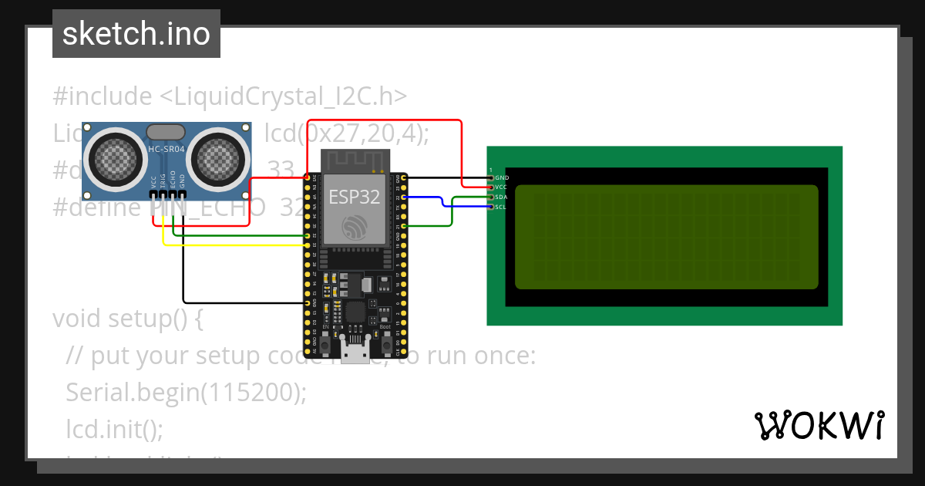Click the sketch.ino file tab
136,34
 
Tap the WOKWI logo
819,425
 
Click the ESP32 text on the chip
355,197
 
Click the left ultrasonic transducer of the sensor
117,158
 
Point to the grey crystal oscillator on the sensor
166,132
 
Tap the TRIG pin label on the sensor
163,181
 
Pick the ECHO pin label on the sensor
173,181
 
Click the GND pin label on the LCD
502,178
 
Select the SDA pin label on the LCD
501,197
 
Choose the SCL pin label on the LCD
501,207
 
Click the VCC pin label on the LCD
501,187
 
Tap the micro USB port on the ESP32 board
355,353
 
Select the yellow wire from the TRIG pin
231,245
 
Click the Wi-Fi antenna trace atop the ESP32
355,160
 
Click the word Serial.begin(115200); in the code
186,393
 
